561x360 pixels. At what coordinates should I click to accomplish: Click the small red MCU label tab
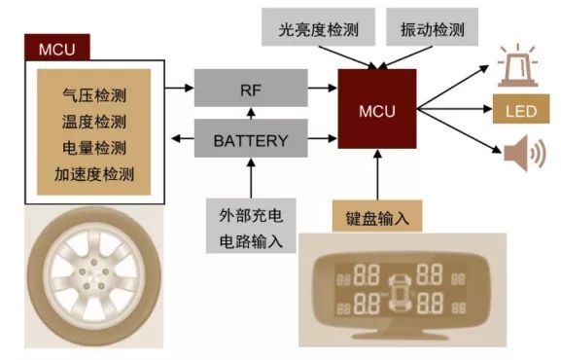click(x=60, y=48)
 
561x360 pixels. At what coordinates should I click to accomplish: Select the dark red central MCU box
click(x=376, y=110)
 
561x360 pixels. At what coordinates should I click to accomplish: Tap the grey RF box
click(x=251, y=88)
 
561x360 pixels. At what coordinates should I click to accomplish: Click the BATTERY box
click(x=251, y=141)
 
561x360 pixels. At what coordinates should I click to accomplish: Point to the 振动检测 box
click(x=431, y=29)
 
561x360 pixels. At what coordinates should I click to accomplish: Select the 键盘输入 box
click(x=376, y=217)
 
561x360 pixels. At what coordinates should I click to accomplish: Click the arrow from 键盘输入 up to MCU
click(x=376, y=180)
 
